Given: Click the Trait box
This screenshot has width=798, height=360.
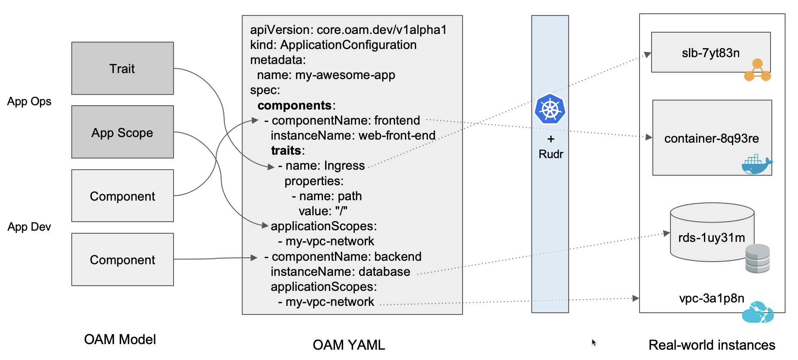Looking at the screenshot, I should point(122,68).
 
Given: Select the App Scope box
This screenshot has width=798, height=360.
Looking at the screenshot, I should point(122,132).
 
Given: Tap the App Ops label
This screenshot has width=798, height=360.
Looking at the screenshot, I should point(29,101).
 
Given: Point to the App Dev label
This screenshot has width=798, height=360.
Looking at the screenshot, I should point(29,227).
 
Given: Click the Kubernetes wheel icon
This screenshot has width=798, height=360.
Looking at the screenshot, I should point(550,109).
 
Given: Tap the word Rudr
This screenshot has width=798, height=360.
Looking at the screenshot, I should point(551,154).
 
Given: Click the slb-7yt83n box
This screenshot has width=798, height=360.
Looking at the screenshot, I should point(710,52).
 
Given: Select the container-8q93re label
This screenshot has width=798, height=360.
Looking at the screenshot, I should point(711,138).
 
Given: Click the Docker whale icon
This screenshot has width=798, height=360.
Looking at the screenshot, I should point(756,165).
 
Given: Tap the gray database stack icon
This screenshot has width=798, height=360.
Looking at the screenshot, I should point(758,259).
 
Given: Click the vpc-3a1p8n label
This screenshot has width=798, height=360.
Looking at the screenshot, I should point(711,298).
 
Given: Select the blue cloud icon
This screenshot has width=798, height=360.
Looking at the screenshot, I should point(758,313).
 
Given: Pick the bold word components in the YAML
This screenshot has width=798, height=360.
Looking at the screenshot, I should point(295,105).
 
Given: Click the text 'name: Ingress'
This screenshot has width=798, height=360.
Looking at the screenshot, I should point(325,166).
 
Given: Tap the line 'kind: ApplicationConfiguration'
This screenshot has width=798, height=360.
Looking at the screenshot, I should point(333,45).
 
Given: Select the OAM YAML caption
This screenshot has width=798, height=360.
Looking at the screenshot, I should point(349,345).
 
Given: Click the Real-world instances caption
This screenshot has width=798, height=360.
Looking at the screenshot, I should point(712,345).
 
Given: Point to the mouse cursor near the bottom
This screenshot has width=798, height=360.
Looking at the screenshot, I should point(594,342).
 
